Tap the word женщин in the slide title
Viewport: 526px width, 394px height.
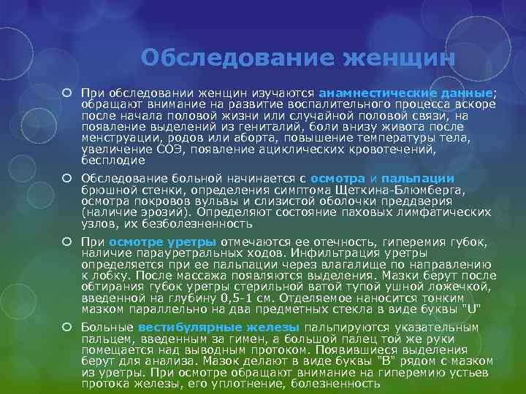point(394,58)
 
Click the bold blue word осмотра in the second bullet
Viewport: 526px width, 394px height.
point(337,178)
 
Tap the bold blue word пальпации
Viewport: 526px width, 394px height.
point(417,178)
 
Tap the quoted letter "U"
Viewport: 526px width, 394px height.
point(474,309)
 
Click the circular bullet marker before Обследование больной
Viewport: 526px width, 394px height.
point(66,179)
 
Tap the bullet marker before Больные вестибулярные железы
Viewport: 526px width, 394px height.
point(66,328)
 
